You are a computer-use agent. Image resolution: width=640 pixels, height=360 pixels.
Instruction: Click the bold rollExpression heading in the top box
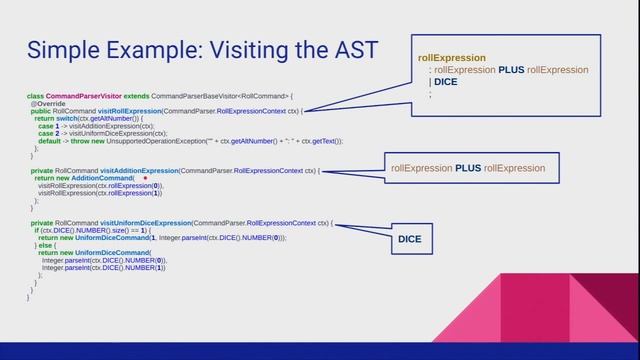coord(452,58)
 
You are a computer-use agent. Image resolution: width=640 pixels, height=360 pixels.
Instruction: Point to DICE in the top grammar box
coord(445,82)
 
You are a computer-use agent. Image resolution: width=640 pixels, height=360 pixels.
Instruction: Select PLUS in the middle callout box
coord(468,168)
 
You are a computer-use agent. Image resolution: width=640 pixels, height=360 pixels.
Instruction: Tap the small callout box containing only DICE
coord(410,240)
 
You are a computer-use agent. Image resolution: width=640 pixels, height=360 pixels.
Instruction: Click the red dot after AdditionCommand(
coord(145,178)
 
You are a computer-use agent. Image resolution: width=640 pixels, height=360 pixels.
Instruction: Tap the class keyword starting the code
coord(34,95)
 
